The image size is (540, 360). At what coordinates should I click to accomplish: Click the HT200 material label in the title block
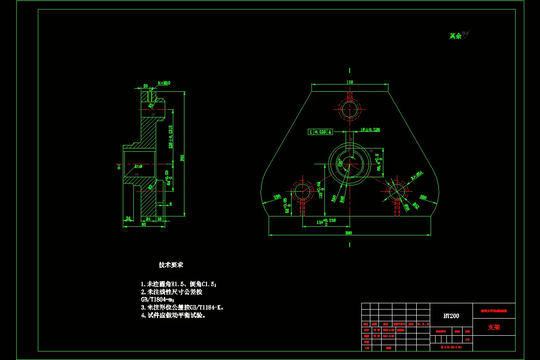click(451, 316)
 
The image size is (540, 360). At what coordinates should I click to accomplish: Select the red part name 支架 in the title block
click(494, 327)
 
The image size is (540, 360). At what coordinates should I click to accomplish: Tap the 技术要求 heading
click(171, 265)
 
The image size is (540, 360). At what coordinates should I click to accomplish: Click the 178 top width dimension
click(350, 82)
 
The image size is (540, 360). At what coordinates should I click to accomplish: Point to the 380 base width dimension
click(349, 233)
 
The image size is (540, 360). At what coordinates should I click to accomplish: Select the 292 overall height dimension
click(182, 157)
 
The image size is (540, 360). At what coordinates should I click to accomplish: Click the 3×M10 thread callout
click(164, 83)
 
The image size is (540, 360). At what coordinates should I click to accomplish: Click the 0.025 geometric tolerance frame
click(320, 132)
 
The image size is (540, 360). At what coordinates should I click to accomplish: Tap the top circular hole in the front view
click(350, 109)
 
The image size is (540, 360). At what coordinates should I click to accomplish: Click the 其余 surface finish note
click(455, 36)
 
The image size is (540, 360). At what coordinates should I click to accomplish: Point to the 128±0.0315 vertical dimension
click(171, 137)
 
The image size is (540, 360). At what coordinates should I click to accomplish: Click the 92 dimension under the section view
click(144, 224)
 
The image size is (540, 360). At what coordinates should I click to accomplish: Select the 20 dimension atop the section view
click(145, 85)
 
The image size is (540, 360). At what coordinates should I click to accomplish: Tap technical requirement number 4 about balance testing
click(173, 315)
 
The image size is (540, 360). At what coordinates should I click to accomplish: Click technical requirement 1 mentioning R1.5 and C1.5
click(179, 284)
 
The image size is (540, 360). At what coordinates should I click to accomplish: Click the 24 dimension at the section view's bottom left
click(128, 219)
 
